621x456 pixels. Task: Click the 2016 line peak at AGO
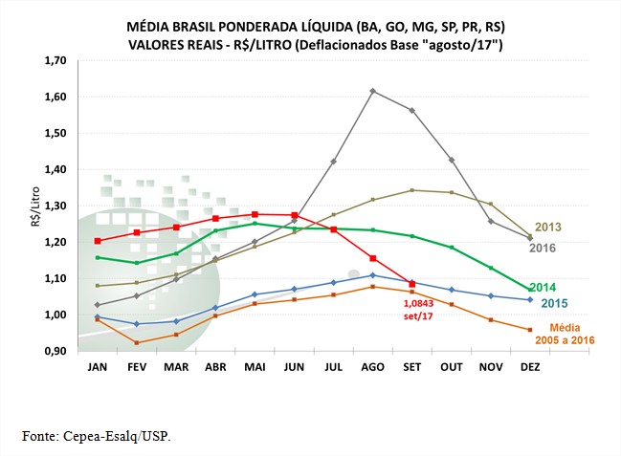(372, 91)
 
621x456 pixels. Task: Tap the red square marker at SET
(411, 284)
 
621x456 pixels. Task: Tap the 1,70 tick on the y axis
(55, 60)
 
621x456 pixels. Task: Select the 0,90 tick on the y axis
(55, 351)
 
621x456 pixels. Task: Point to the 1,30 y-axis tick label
(55, 206)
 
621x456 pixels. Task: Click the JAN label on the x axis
(98, 368)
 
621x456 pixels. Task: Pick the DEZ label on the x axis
(530, 368)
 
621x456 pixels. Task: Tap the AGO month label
(372, 368)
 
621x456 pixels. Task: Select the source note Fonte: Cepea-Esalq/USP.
(99, 436)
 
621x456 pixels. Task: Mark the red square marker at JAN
(98, 241)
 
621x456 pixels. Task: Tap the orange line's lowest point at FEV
(137, 342)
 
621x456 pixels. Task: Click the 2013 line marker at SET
(411, 190)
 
